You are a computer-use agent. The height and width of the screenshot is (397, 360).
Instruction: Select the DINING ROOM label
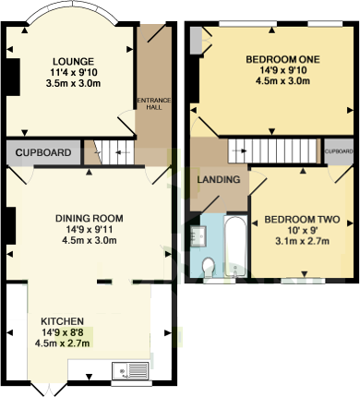point(89,219)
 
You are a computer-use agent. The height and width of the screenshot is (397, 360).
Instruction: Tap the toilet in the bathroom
point(210,266)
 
